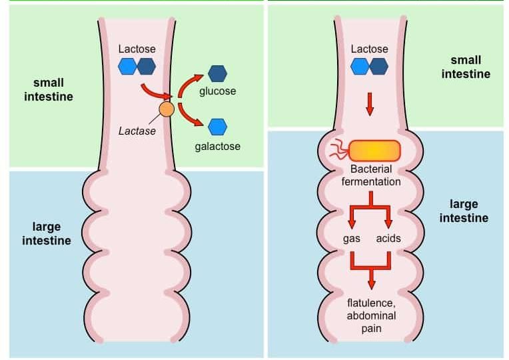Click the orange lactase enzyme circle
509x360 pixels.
(x=167, y=109)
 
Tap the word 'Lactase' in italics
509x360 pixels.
(x=137, y=131)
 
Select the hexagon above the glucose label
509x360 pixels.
(x=217, y=73)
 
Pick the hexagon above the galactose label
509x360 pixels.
(x=217, y=126)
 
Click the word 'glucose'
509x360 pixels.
(x=217, y=91)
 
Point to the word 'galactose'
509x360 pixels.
(x=217, y=146)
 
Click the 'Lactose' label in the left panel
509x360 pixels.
(x=137, y=49)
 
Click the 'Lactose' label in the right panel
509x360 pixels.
(x=369, y=49)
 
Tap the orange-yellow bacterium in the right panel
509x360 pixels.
(x=374, y=151)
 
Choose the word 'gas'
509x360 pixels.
(x=351, y=238)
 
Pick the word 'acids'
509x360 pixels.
(x=388, y=238)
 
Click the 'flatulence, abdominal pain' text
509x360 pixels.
(x=372, y=315)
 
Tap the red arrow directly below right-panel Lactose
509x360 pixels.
(x=370, y=104)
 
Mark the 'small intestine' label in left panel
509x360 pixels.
(x=49, y=89)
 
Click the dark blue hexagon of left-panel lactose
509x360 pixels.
(x=146, y=66)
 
